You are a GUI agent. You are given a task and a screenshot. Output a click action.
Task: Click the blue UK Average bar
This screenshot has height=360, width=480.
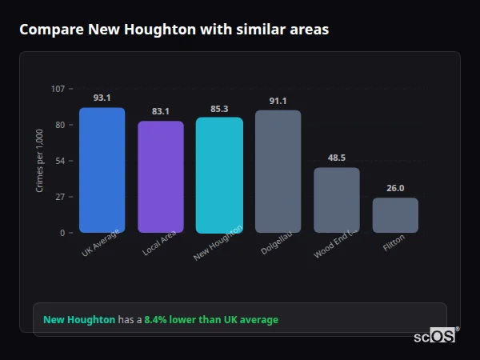click(x=102, y=170)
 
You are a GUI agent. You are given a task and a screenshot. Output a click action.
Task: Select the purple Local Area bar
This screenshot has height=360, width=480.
click(x=160, y=177)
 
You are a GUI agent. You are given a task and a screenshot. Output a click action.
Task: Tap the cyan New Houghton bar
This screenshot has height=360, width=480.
click(x=218, y=175)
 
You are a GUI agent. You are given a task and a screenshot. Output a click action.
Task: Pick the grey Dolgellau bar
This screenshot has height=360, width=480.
click(x=278, y=171)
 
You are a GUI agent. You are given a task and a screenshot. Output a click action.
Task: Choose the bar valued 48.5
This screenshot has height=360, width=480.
click(x=336, y=200)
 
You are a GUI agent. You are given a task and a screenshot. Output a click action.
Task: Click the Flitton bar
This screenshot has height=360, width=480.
click(x=395, y=215)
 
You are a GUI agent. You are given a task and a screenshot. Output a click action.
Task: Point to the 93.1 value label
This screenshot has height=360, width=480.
click(x=102, y=98)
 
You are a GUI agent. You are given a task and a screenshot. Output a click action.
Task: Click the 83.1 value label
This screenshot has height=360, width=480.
click(x=160, y=111)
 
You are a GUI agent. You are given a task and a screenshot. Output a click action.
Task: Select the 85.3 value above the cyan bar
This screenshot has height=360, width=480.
click(x=218, y=108)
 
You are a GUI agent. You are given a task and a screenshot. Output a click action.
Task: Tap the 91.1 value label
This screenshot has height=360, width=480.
click(x=278, y=101)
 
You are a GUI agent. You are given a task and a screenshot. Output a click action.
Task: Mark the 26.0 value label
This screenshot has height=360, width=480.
click(x=395, y=188)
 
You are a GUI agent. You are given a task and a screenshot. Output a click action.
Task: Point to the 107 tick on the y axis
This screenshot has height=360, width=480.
click(x=58, y=89)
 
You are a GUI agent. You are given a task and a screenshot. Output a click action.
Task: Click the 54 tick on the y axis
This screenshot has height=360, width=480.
click(x=60, y=161)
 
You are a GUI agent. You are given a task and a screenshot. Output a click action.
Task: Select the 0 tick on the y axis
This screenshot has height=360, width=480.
click(x=62, y=233)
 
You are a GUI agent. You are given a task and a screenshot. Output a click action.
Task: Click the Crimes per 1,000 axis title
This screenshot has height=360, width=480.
click(x=40, y=160)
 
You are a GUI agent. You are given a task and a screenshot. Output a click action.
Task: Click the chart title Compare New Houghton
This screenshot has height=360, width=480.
click(x=174, y=29)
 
